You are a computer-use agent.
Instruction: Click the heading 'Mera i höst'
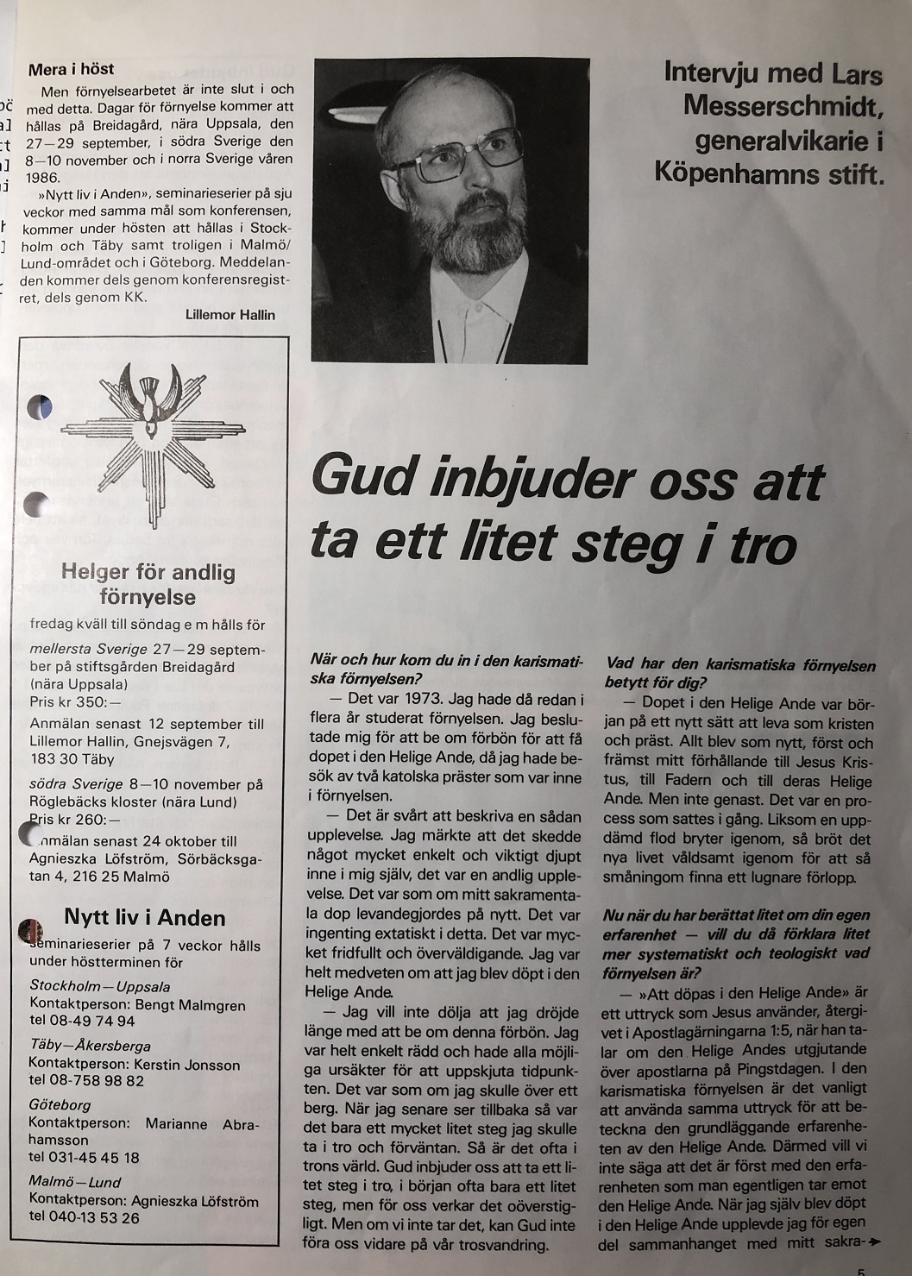tap(71, 69)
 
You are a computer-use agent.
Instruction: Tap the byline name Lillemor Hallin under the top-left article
tap(230, 315)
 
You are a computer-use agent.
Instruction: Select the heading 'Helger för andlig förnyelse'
tap(148, 584)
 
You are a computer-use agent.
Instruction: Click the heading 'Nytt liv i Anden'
tap(145, 917)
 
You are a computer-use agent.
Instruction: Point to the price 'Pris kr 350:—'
tap(76, 702)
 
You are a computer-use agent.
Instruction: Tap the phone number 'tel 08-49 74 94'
tap(82, 1021)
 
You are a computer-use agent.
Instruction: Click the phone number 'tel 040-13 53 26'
tap(84, 1217)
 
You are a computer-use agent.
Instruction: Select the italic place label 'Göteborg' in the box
tap(60, 1104)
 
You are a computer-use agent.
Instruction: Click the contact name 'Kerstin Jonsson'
tap(187, 1065)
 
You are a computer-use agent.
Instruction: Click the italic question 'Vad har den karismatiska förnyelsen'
tap(740, 665)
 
